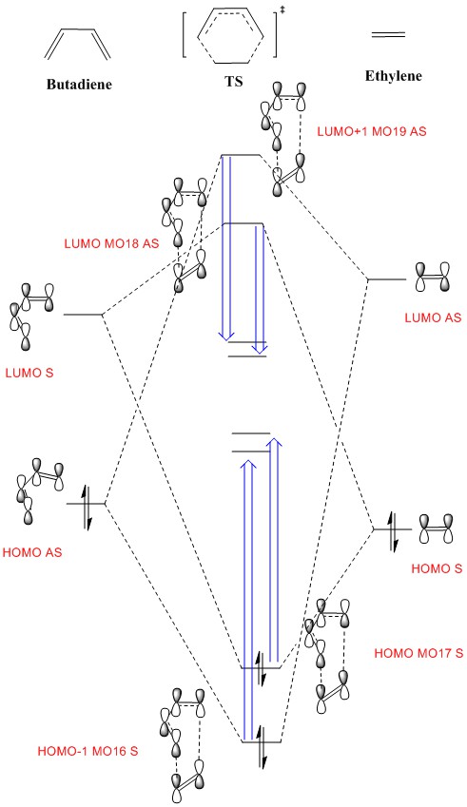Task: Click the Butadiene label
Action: tap(79, 85)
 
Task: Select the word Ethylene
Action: tap(394, 76)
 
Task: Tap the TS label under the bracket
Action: tap(234, 82)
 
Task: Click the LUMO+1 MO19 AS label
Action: tap(372, 131)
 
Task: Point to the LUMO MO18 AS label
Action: tap(111, 243)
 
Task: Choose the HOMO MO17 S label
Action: tap(418, 654)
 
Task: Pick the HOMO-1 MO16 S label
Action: tap(88, 751)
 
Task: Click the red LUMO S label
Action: tap(29, 373)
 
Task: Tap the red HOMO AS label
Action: tap(32, 553)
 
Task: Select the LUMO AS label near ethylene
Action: tap(433, 317)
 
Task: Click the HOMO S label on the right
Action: tap(437, 568)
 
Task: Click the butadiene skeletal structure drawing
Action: tap(77, 45)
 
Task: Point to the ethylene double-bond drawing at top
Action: tap(388, 35)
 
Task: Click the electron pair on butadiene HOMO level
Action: tap(87, 504)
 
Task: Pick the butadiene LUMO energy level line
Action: tap(83, 314)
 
